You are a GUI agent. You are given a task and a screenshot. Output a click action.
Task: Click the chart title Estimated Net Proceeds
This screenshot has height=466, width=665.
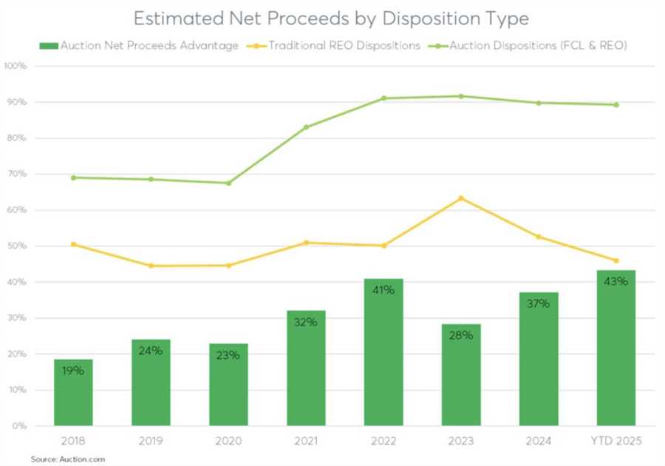click(x=331, y=18)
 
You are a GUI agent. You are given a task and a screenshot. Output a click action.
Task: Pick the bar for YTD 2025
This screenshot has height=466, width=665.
click(x=615, y=348)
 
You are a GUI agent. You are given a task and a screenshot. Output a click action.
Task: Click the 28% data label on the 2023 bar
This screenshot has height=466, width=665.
click(x=461, y=335)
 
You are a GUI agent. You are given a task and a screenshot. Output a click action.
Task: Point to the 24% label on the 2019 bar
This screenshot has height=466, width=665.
click(x=151, y=351)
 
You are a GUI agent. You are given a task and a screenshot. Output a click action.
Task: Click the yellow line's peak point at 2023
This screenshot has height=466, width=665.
click(x=461, y=198)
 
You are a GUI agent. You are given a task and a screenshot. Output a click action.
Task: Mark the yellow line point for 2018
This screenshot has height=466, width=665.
click(x=73, y=244)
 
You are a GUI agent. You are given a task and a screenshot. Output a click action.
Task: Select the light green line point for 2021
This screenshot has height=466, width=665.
click(x=306, y=127)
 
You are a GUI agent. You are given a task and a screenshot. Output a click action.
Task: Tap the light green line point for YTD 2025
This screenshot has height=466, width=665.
click(x=615, y=105)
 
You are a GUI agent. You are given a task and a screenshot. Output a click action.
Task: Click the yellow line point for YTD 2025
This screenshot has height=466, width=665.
click(x=615, y=260)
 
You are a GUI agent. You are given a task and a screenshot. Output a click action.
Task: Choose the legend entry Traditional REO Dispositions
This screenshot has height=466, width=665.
click(x=344, y=46)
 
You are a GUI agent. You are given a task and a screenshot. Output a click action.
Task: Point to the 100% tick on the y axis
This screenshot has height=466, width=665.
click(x=16, y=66)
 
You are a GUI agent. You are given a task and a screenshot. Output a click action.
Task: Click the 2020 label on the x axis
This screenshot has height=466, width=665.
click(x=228, y=442)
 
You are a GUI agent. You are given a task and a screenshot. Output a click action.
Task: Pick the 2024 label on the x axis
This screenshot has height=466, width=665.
click(x=539, y=442)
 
